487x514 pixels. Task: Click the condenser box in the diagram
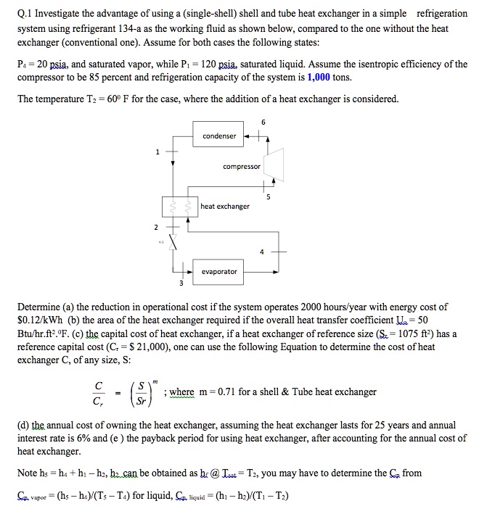coord(218,136)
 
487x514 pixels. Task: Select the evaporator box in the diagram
coord(218,271)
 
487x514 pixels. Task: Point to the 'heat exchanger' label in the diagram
coord(224,206)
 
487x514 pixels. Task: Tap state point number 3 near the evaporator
coord(172,283)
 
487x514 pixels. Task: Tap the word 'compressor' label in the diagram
coord(242,167)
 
